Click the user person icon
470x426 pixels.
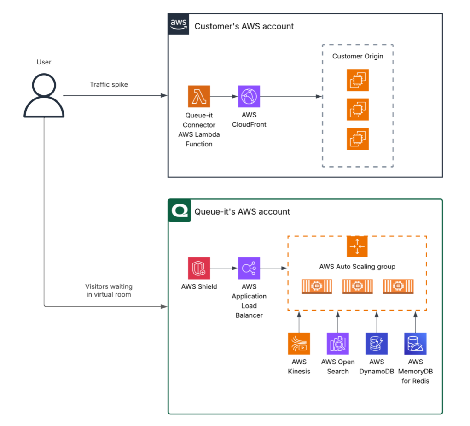(44, 95)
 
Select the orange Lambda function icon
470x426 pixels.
(199, 96)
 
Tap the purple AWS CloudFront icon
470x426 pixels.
(249, 96)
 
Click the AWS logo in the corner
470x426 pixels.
(178, 24)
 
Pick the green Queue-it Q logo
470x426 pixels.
(179, 210)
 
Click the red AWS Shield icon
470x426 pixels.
(199, 268)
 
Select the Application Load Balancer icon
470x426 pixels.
(249, 268)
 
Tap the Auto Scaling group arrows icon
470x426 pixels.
(357, 246)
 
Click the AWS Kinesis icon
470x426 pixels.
(299, 344)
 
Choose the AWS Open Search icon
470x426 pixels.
(338, 344)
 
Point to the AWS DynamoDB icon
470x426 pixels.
(377, 344)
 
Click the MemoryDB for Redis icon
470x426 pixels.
(415, 344)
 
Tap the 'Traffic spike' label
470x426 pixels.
(109, 85)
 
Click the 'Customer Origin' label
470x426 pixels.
(358, 56)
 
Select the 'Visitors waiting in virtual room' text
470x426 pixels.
(109, 291)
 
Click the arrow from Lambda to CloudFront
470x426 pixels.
(224, 96)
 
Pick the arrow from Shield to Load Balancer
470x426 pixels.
(224, 268)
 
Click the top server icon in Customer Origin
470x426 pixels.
(358, 80)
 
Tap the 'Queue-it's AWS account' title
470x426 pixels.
(242, 212)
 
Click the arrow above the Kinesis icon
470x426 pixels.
(299, 322)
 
